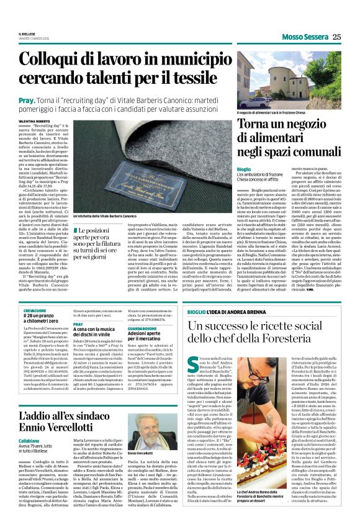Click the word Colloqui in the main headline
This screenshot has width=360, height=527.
tap(68, 60)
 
